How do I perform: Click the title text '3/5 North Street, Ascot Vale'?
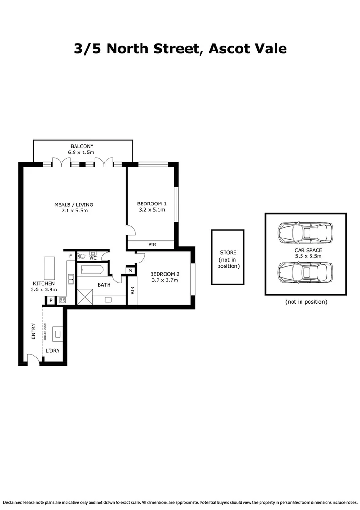click(180, 49)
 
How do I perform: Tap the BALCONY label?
click(83, 146)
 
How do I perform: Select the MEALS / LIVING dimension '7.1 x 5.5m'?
click(74, 211)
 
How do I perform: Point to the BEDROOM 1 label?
click(151, 204)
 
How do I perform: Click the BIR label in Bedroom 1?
click(152, 245)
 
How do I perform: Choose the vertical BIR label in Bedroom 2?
click(132, 290)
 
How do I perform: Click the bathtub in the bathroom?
click(92, 271)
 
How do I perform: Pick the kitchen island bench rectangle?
click(50, 269)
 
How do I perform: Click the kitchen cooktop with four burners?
click(62, 300)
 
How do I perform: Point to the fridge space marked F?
click(70, 256)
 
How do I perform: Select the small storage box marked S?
click(130, 271)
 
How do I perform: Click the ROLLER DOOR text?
click(45, 331)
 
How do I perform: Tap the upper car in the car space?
click(305, 232)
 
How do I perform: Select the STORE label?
click(228, 252)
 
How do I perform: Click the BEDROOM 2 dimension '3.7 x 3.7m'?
click(164, 280)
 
